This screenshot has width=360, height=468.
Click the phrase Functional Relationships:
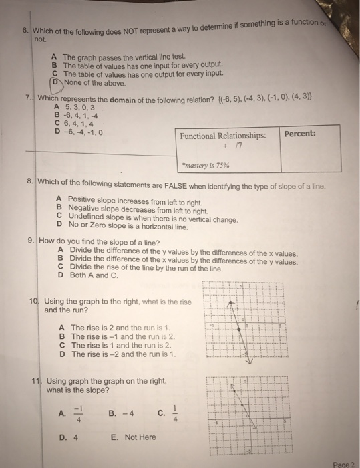coord(224,135)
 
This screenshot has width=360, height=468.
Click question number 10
coord(33,302)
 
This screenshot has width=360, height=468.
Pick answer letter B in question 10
coord(62,336)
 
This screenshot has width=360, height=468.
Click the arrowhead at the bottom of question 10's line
coord(248,361)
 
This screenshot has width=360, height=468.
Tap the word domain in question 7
coord(111,98)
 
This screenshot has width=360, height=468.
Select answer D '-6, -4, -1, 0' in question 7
coord(83,131)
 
